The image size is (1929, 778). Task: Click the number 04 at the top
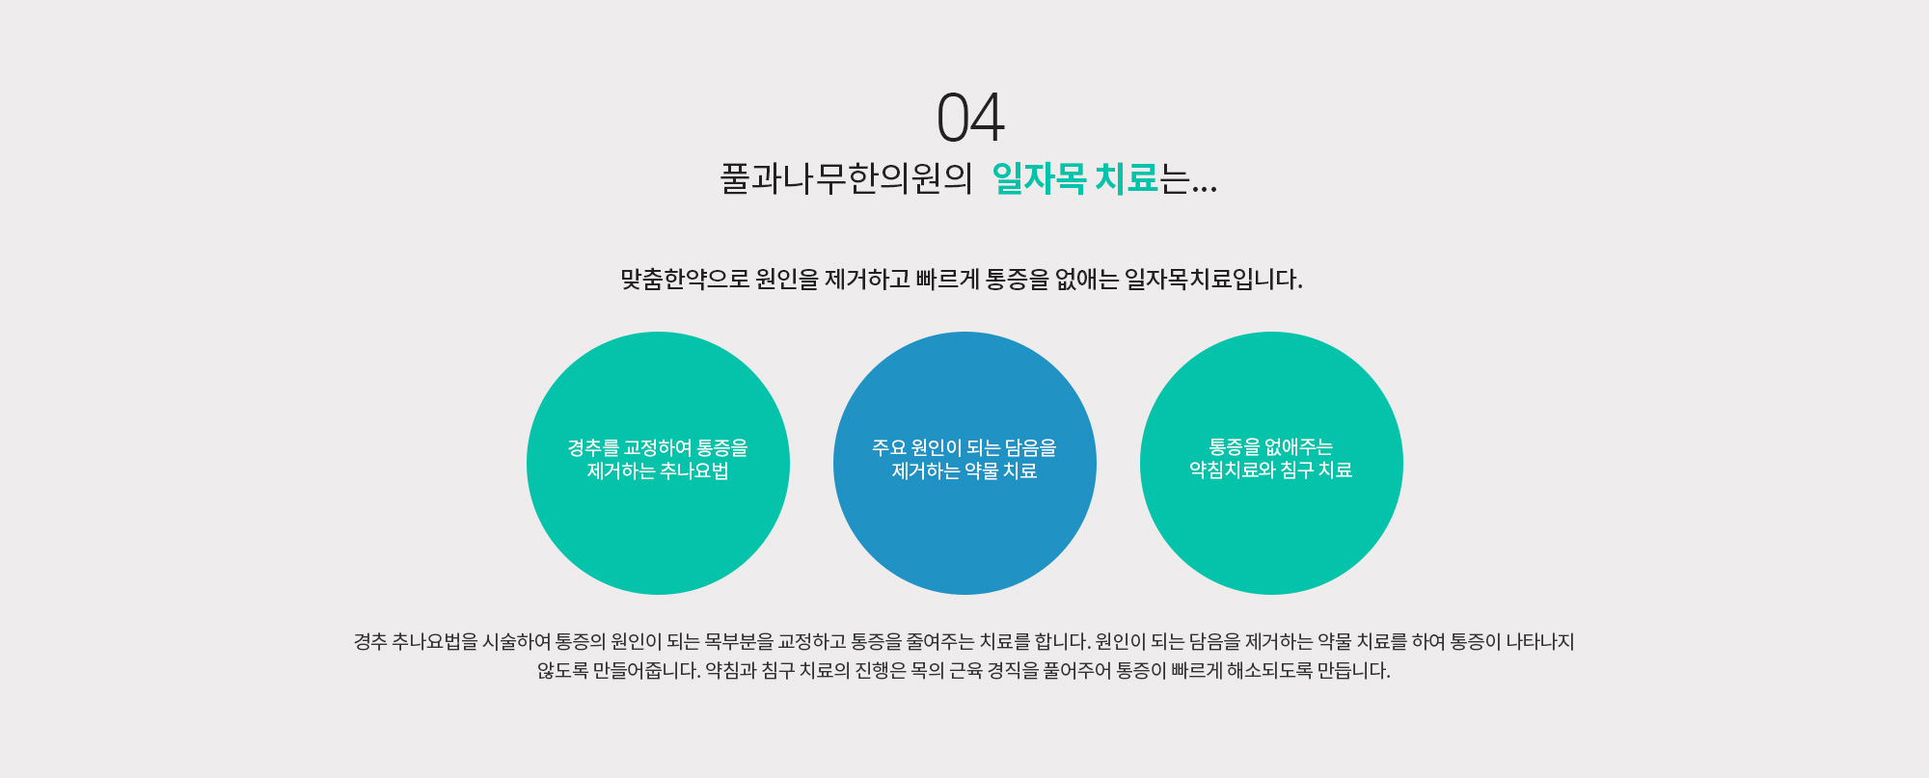click(970, 118)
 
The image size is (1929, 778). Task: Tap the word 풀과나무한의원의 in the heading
click(846, 178)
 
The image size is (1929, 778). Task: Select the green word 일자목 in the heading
click(1039, 178)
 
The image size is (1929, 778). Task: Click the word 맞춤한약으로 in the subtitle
click(685, 280)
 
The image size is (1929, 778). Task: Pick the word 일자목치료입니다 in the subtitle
click(1213, 280)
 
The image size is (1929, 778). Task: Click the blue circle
click(964, 463)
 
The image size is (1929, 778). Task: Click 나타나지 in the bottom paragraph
click(1539, 642)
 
